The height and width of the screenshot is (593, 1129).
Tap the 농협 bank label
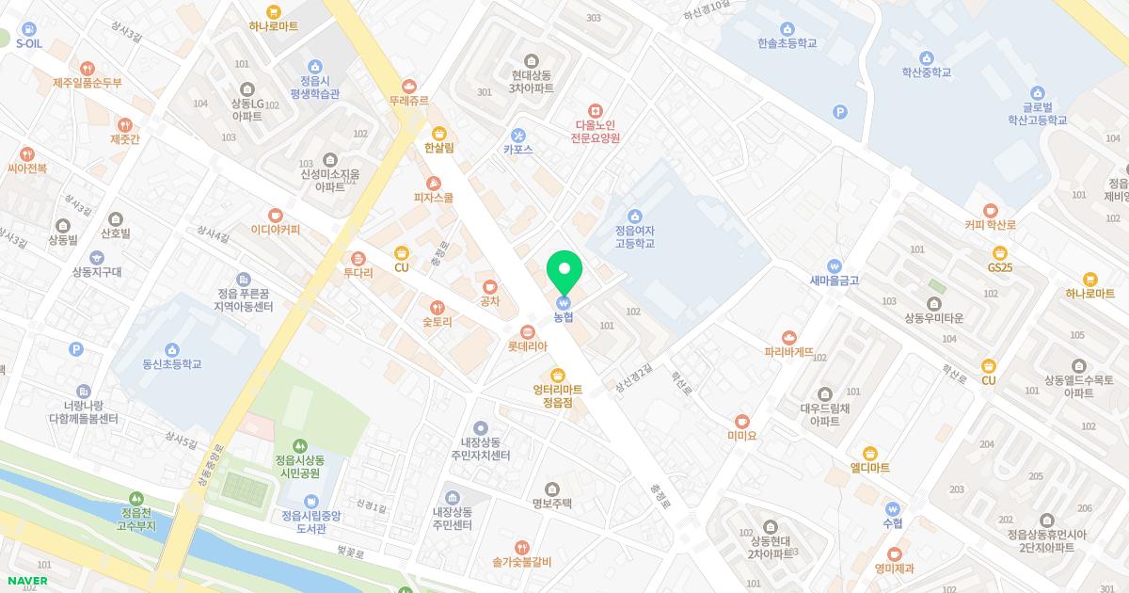tap(564, 317)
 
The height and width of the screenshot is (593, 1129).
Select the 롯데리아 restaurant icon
tap(528, 331)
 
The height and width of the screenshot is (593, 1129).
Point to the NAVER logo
tap(26, 581)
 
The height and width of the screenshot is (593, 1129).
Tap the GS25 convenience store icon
tap(999, 252)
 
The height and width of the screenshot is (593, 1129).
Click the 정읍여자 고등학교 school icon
tap(634, 216)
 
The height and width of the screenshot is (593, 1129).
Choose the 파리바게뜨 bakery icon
tap(788, 337)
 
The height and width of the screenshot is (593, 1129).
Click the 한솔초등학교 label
tap(787, 43)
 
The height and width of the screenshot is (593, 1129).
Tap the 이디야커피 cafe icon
tap(275, 216)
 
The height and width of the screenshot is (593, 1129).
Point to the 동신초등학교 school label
tap(172, 364)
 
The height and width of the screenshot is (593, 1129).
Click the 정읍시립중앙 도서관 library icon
tap(311, 501)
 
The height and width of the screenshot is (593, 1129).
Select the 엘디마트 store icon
tap(869, 454)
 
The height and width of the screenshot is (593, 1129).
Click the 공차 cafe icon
tap(489, 287)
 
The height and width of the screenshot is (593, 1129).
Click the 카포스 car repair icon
tap(517, 136)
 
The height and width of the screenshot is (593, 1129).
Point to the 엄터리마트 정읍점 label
tap(558, 395)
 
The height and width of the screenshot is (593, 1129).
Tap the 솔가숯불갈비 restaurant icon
tap(521, 548)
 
